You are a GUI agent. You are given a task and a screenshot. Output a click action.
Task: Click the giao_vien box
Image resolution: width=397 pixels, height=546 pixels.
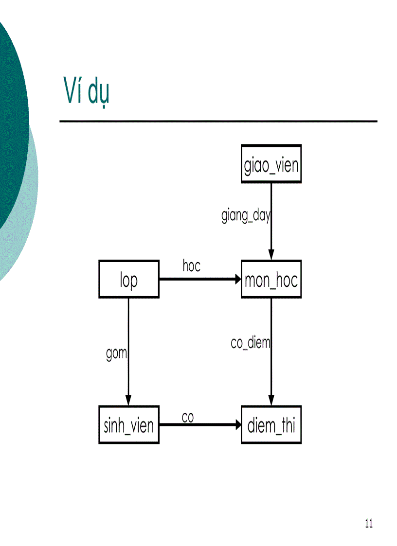pyautogui.click(x=271, y=164)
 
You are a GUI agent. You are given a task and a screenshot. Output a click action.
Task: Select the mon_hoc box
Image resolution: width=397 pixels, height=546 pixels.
pyautogui.click(x=271, y=279)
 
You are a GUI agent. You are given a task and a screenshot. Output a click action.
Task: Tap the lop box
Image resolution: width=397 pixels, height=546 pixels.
pyautogui.click(x=128, y=279)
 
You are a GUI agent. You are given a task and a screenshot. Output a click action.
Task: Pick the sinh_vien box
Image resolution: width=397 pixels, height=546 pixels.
pyautogui.click(x=128, y=424)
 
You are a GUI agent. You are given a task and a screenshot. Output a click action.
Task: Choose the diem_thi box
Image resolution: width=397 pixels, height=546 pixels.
pyautogui.click(x=271, y=424)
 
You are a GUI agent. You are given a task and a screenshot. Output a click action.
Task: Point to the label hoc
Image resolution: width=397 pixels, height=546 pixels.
pyautogui.click(x=191, y=265)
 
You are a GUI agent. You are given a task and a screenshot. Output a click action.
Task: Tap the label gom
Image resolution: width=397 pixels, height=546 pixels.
pyautogui.click(x=116, y=353)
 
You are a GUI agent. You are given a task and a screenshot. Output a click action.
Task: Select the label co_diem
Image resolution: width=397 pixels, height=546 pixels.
pyautogui.click(x=250, y=343)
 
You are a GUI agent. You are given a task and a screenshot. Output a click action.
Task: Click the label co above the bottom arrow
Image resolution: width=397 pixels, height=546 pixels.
pyautogui.click(x=188, y=417)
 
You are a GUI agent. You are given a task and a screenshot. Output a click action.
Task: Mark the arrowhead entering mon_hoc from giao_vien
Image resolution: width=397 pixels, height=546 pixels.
pyautogui.click(x=271, y=255)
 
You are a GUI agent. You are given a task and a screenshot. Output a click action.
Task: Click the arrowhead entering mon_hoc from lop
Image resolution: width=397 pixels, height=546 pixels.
pyautogui.click(x=237, y=279)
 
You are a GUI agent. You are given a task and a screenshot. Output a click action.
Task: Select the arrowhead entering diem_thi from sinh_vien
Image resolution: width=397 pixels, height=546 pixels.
pyautogui.click(x=237, y=424)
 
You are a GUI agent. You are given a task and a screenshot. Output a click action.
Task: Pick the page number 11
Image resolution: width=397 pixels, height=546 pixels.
pyautogui.click(x=368, y=524)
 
